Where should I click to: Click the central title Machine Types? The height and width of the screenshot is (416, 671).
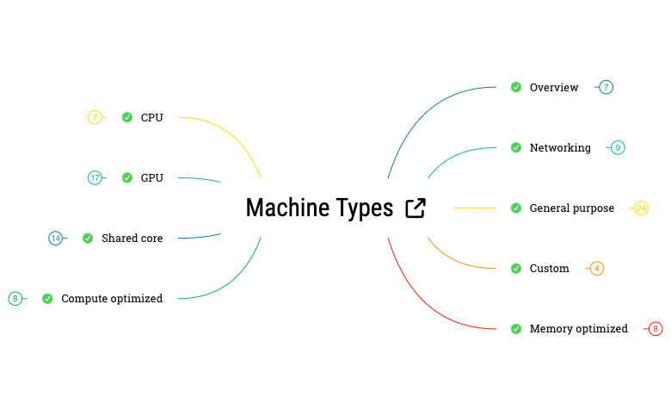[319, 208]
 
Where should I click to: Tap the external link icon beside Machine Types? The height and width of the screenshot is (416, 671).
[416, 208]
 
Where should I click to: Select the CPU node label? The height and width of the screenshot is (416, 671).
[151, 117]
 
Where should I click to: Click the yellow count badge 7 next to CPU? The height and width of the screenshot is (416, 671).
[95, 117]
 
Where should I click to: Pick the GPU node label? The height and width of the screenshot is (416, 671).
[151, 177]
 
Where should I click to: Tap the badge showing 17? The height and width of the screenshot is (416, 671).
[95, 177]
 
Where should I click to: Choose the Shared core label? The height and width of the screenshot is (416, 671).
[132, 238]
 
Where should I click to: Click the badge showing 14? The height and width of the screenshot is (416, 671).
[56, 238]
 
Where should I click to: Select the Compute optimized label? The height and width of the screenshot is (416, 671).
[112, 298]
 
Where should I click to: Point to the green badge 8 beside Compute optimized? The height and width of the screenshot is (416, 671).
[15, 298]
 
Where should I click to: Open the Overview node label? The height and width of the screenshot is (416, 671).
[554, 87]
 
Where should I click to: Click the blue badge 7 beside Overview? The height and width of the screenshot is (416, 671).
[606, 87]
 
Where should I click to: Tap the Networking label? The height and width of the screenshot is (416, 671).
[560, 147]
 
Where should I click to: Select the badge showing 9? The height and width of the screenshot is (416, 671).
[618, 147]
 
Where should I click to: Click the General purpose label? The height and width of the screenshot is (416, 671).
[572, 208]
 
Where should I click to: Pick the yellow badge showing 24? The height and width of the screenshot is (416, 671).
[641, 208]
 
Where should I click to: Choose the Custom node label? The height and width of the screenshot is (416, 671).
[549, 268]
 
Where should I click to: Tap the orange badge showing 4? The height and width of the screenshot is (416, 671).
[597, 268]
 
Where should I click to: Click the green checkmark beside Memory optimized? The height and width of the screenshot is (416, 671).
[516, 328]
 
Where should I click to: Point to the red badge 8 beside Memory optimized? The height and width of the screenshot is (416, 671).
[656, 328]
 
